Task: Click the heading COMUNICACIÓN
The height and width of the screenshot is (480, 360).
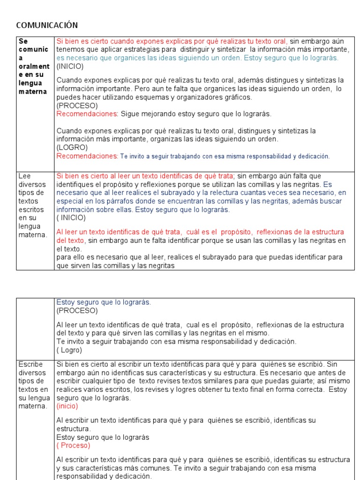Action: coord(47,25)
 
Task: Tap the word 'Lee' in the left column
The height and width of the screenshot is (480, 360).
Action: coord(24,176)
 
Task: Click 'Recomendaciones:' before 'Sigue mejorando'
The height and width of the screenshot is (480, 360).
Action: coord(87,113)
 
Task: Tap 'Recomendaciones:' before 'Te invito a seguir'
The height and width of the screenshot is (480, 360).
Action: coord(87,156)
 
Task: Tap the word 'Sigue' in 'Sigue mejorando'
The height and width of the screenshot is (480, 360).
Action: coord(129,113)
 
